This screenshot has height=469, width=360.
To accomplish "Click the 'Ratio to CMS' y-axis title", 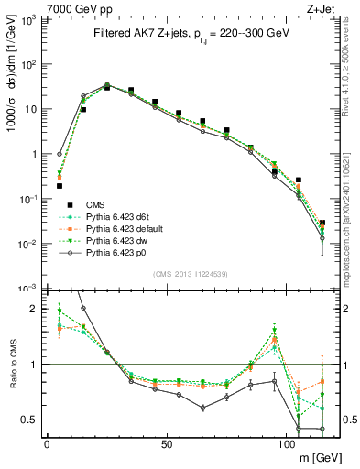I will [12, 365].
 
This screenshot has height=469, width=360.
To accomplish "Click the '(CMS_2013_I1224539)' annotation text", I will [190, 274].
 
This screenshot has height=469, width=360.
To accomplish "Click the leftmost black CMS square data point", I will [60, 186].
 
